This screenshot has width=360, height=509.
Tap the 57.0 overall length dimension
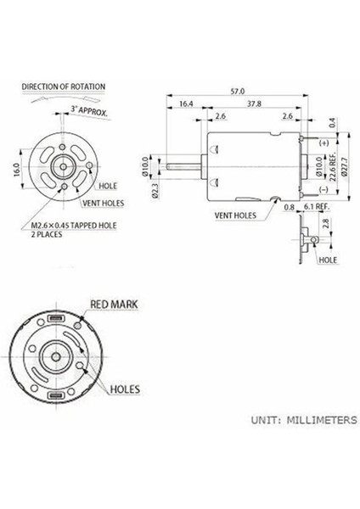click(x=238, y=91)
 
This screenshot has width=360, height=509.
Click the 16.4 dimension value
click(x=186, y=103)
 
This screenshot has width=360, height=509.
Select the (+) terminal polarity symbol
click(x=323, y=143)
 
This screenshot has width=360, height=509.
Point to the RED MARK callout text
click(x=114, y=303)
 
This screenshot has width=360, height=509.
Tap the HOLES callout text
click(x=127, y=389)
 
